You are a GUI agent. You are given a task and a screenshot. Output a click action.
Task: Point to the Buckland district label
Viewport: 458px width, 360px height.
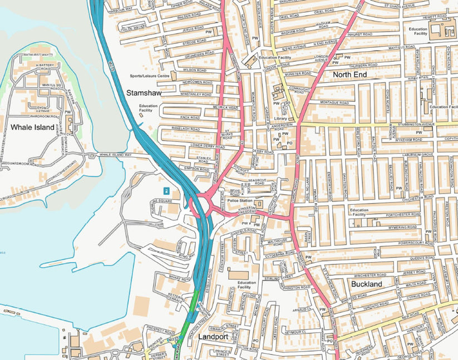click(367, 284)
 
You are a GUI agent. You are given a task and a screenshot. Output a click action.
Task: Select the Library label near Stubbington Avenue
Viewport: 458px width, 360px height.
click(280, 119)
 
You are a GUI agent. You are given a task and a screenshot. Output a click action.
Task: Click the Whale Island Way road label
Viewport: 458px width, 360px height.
click(116, 155)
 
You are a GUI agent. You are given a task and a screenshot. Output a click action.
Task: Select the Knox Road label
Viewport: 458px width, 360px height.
click(190, 118)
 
